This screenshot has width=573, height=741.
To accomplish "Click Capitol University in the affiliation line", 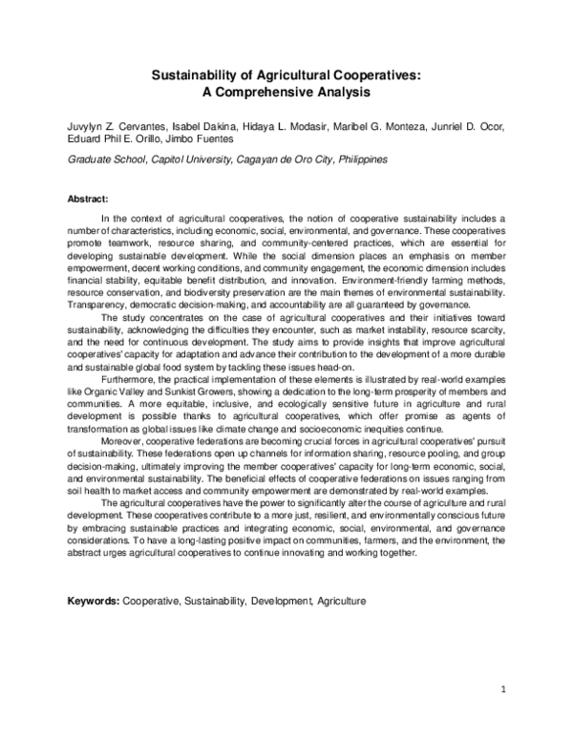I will pos(189,160).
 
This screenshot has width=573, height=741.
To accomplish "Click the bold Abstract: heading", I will pos(88,199).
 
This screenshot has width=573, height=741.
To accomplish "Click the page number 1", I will pos(502,689).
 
